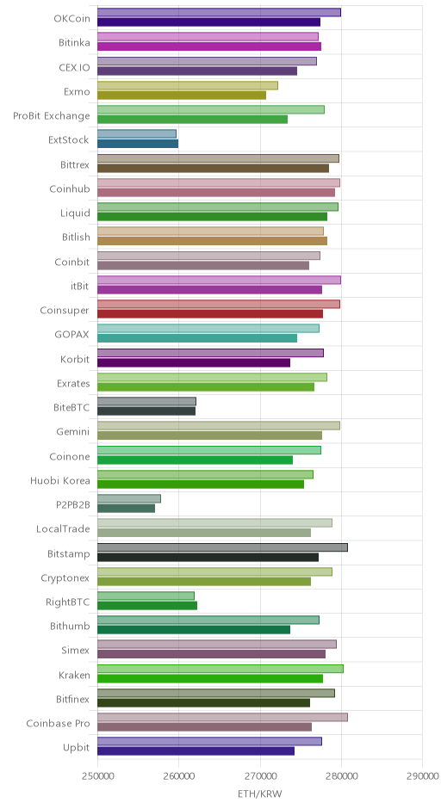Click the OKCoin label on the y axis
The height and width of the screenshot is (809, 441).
[x=71, y=19]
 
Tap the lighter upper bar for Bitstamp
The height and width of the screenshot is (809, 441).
[x=222, y=547]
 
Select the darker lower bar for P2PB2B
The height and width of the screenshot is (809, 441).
[x=126, y=509]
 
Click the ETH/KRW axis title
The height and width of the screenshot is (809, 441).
[x=260, y=794]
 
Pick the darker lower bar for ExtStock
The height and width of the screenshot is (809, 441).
[x=138, y=144]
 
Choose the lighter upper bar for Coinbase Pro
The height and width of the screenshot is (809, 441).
[x=222, y=717]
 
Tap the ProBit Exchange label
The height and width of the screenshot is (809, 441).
[x=52, y=116]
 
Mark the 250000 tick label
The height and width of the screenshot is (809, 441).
[x=97, y=776]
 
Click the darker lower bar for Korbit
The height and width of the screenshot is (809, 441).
[x=194, y=362]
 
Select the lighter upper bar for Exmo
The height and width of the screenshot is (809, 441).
[x=188, y=86]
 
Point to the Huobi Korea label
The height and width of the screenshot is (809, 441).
[x=60, y=481]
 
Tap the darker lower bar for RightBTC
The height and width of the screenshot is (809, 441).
[x=147, y=606]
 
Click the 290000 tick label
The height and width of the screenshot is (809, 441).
[x=422, y=776]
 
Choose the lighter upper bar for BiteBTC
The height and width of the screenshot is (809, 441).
[x=146, y=401]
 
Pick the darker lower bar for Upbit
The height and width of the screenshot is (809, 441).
[x=196, y=751]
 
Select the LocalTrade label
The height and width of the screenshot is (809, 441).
[x=63, y=529]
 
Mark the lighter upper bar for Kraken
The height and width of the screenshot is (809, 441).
[x=220, y=669]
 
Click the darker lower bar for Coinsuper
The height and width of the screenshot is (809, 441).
[x=210, y=313]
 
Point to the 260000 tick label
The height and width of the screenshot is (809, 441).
[x=178, y=776]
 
